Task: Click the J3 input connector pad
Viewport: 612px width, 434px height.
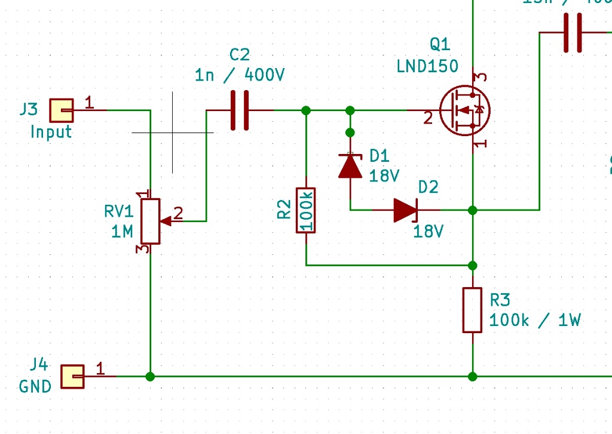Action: click(x=61, y=110)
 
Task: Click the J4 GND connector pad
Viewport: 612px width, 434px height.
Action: click(x=72, y=377)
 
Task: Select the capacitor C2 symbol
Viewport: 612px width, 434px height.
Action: click(x=240, y=110)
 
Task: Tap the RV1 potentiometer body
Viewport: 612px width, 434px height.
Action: click(x=151, y=221)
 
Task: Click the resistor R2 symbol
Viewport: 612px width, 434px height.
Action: click(x=305, y=210)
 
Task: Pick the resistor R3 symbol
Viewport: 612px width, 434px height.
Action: click(x=472, y=310)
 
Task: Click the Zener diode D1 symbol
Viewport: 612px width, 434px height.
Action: click(x=350, y=166)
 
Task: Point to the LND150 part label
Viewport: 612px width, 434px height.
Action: click(x=427, y=66)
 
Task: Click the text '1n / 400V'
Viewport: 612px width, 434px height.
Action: click(x=240, y=76)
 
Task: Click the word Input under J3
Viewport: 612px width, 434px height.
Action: click(x=51, y=132)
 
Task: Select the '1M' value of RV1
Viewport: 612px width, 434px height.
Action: click(x=122, y=231)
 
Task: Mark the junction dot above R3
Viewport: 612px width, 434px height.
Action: click(x=473, y=265)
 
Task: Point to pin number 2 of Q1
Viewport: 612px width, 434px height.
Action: click(x=427, y=118)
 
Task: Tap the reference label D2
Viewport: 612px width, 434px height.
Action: click(x=428, y=187)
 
